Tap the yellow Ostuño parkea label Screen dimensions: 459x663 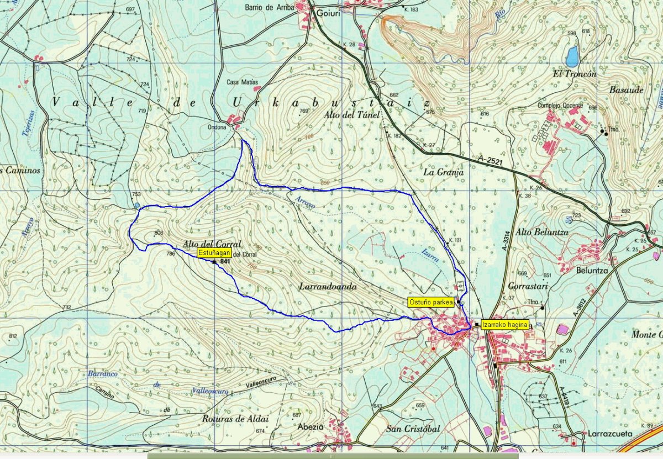coord(431,302)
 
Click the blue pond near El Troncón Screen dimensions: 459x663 coord(572,55)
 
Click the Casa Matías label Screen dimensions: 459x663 coord(242,82)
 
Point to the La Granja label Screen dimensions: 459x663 coord(443,172)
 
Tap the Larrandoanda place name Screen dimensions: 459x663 coord(328,287)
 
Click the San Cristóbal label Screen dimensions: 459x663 coord(413,429)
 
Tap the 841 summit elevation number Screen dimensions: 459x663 coord(225,261)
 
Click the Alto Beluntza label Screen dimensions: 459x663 coord(541,233)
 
